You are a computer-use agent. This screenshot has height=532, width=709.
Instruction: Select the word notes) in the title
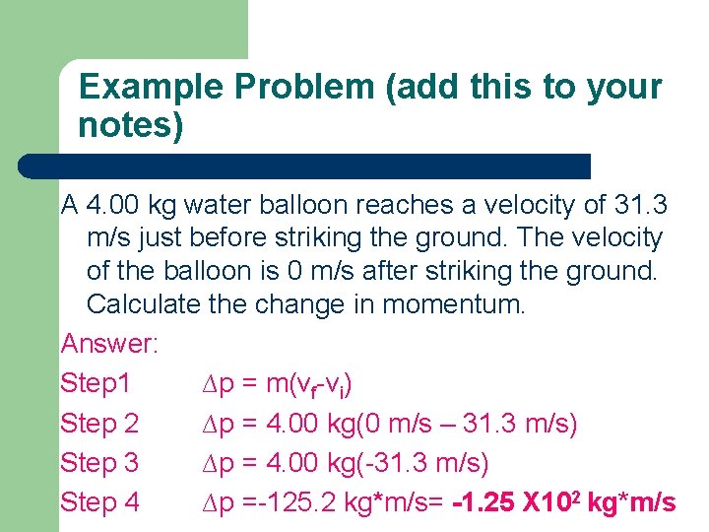(131, 127)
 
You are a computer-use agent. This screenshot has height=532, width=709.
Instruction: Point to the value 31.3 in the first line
(640, 205)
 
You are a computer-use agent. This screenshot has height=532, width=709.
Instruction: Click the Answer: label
(110, 344)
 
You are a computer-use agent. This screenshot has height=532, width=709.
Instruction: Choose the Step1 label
(96, 383)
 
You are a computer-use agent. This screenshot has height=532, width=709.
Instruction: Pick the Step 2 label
(99, 423)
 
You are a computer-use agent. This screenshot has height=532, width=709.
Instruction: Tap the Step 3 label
(99, 462)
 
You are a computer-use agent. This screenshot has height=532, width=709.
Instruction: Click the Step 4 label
(99, 501)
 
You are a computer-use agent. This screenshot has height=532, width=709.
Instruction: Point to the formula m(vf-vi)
(310, 384)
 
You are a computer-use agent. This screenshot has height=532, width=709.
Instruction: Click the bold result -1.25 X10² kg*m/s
(563, 501)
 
